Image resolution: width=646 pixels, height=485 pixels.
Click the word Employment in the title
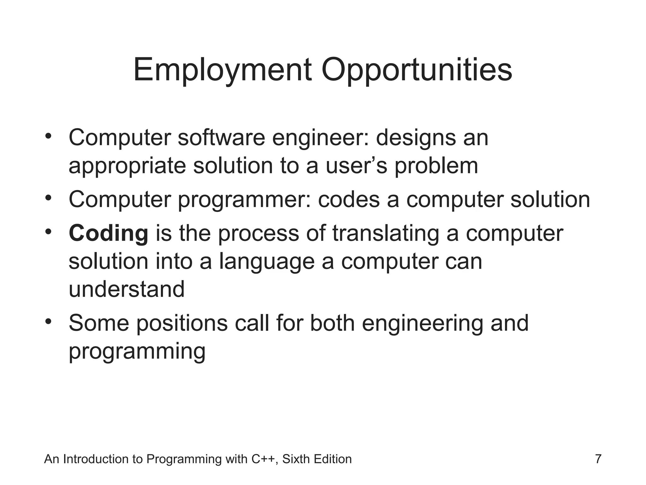click(x=222, y=70)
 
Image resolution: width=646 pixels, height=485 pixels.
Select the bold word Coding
click(x=109, y=234)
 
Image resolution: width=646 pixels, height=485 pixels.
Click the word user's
click(x=356, y=166)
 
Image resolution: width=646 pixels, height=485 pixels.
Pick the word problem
click(x=436, y=166)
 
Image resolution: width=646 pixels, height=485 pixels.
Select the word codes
click(x=349, y=200)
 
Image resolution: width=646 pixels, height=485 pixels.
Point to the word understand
click(x=126, y=289)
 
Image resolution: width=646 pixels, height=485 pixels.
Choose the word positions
click(x=182, y=323)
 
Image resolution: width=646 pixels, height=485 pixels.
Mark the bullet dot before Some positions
click(x=48, y=322)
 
